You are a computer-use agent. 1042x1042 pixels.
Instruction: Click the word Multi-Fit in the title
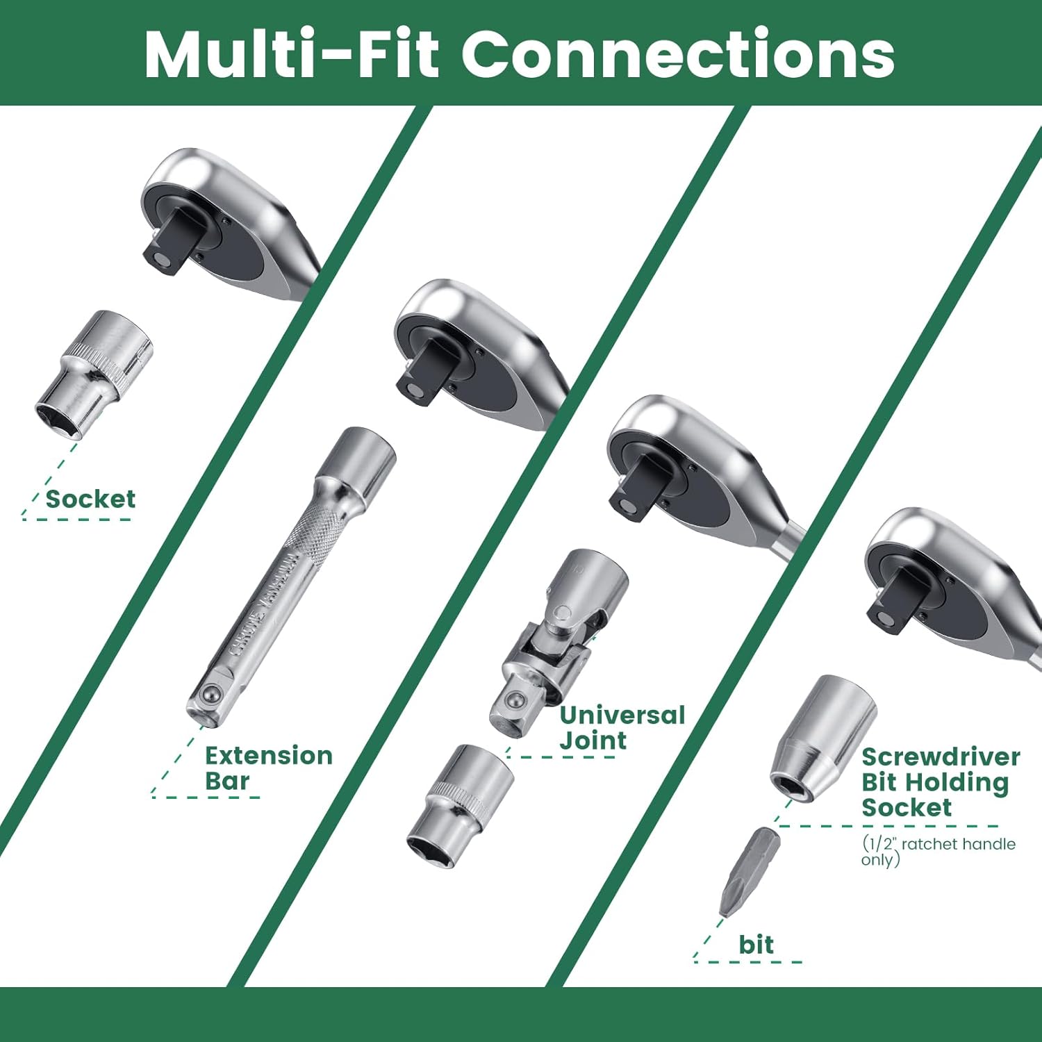pyautogui.click(x=292, y=53)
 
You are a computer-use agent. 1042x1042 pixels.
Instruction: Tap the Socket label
pyautogui.click(x=90, y=499)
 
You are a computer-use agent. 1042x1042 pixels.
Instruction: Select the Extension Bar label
pyautogui.click(x=269, y=768)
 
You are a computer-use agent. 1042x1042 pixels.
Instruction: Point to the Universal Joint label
pyautogui.click(x=622, y=727)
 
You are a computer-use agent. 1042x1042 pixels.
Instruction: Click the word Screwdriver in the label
pyautogui.click(x=941, y=756)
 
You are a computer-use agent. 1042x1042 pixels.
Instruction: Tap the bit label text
pyautogui.click(x=756, y=944)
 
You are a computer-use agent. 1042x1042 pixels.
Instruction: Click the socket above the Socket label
pyautogui.click(x=94, y=374)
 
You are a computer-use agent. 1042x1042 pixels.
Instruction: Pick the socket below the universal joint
pyautogui.click(x=461, y=806)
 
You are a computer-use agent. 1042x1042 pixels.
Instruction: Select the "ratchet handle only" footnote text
pyautogui.click(x=938, y=851)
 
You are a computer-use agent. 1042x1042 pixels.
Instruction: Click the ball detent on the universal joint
pyautogui.click(x=515, y=700)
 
